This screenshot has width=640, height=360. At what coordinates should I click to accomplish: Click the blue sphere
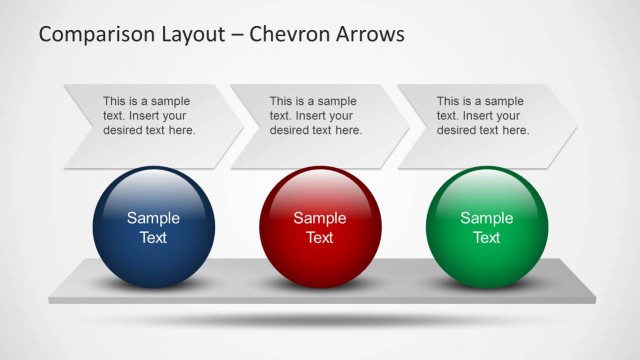[153, 227]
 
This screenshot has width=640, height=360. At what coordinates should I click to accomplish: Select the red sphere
[320, 227]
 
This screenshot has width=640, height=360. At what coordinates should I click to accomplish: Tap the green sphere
[487, 227]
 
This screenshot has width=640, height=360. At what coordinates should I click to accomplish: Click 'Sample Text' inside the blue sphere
[153, 228]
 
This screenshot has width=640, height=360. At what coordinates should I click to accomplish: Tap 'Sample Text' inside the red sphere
[320, 228]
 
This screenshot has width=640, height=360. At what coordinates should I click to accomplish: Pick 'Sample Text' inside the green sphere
[487, 228]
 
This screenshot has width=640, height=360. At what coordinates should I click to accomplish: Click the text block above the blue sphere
[149, 116]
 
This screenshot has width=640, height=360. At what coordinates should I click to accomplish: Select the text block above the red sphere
[316, 116]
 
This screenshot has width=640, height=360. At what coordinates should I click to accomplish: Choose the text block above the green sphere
[483, 116]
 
